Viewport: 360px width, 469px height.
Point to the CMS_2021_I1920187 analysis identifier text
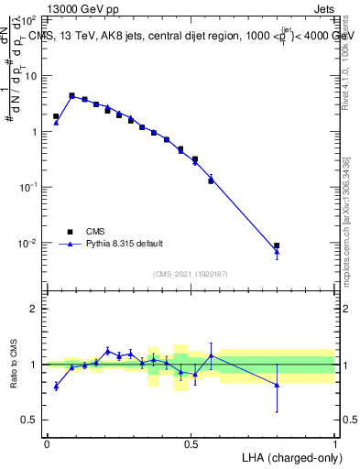[x=191, y=274]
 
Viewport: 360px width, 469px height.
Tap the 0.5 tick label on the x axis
[x=191, y=444]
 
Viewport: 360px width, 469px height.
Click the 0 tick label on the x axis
[x=47, y=444]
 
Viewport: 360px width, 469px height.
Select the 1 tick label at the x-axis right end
[x=335, y=444]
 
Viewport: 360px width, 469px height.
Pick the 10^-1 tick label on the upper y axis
[x=28, y=188]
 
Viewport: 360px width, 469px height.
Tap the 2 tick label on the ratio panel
[x=35, y=309]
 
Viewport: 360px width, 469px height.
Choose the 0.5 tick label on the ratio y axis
[x=30, y=420]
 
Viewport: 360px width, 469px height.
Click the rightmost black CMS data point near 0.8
[x=277, y=245]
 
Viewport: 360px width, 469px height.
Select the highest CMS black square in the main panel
[x=71, y=95]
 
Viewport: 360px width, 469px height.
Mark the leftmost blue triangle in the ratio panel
[x=57, y=387]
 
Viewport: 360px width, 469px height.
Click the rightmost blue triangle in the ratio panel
[x=277, y=385]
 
